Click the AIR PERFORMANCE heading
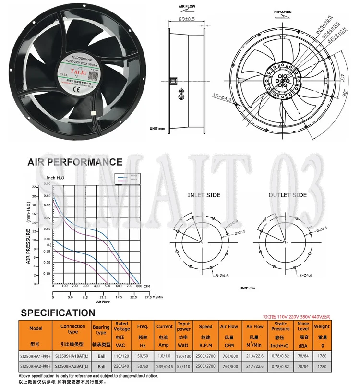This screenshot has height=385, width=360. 75,162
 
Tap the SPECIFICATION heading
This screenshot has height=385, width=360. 58,313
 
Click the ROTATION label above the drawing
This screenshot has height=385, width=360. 283,12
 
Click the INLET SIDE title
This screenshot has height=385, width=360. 204,195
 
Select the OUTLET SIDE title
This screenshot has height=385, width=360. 287,195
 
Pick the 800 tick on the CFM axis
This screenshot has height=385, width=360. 139,287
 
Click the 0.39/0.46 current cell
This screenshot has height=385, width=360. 165,366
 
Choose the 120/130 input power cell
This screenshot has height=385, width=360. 183,356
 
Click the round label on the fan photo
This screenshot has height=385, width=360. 80,71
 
